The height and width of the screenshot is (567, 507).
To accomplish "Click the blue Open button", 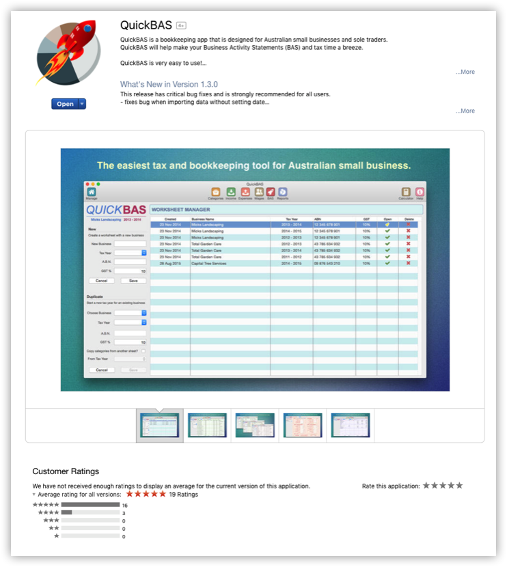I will [65, 104].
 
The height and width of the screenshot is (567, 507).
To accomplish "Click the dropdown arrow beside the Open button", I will [82, 104].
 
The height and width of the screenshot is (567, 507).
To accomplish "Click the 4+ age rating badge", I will [181, 25].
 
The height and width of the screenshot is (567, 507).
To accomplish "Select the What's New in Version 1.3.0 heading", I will [169, 84].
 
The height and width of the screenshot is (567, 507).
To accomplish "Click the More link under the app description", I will [465, 72].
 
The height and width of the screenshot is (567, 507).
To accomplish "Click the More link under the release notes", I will [465, 111].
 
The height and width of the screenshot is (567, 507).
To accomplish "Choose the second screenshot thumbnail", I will [207, 425].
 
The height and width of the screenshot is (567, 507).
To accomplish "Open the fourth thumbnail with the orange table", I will [303, 425].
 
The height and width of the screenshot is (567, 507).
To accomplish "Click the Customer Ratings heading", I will [66, 471].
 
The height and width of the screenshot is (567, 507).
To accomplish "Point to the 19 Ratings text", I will [182, 494].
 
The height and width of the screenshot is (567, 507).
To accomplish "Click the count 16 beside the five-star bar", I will [125, 505].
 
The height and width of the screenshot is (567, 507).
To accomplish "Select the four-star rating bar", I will [90, 512].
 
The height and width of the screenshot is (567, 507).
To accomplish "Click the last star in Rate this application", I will [459, 486].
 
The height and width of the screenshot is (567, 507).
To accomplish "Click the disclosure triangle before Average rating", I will [34, 494].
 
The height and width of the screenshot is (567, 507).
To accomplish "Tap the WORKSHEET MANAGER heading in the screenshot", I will [181, 210].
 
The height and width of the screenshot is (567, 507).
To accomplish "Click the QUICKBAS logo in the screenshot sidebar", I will [115, 209].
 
